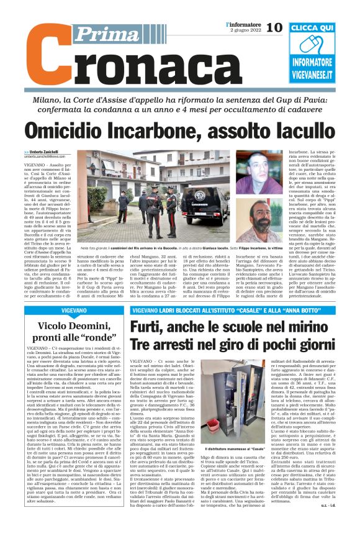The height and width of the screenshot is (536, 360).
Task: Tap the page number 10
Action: [273, 27]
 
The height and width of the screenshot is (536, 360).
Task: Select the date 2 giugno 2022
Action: [244, 30]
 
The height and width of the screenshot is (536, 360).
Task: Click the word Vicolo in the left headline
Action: [58, 324]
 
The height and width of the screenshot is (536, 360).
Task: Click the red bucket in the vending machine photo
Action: [245, 423]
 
